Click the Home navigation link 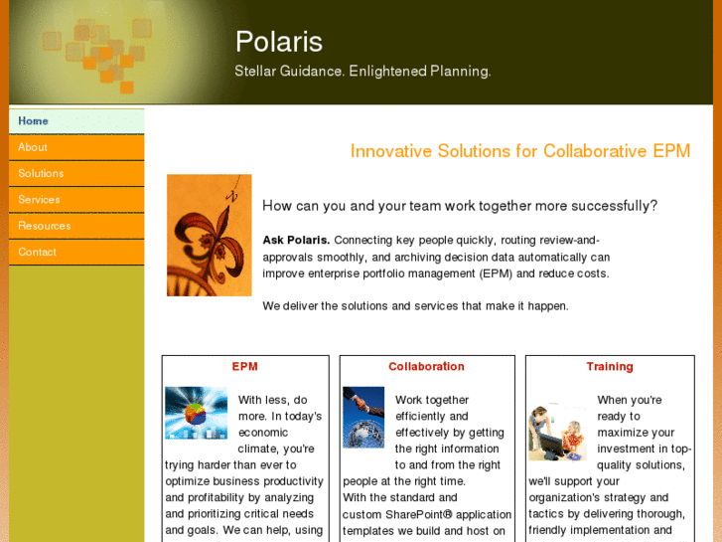click(34, 121)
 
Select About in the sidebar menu click(33, 147)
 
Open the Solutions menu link click(41, 173)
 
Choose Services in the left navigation click(39, 200)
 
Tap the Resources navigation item click(45, 226)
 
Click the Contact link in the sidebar click(38, 252)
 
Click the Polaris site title click(278, 42)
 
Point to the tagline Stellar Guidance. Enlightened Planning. click(362, 72)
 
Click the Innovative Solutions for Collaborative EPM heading click(519, 151)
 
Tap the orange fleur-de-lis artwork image click(209, 235)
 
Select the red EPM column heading click(244, 367)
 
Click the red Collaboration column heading click(426, 367)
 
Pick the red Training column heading click(610, 367)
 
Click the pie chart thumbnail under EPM click(196, 413)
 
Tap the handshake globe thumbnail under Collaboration click(363, 417)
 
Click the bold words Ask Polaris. click(296, 240)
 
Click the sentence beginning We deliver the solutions click(415, 306)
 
